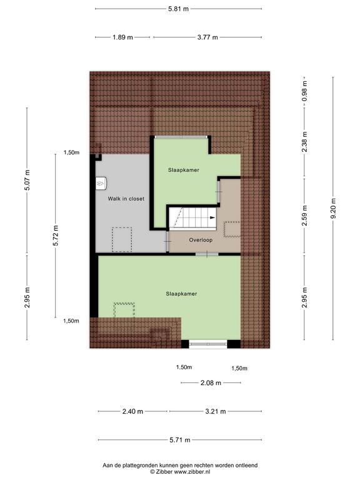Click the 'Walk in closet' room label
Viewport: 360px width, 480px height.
(x=126, y=199)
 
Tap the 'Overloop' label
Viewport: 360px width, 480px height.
(x=201, y=240)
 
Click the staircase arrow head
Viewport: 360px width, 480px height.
(x=212, y=217)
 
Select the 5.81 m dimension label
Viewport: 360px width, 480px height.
(x=178, y=9)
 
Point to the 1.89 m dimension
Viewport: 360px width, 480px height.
(x=122, y=37)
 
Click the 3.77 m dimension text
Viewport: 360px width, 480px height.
(x=207, y=37)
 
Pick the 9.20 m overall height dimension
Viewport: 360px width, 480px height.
(x=333, y=208)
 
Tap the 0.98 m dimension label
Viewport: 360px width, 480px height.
(x=304, y=91)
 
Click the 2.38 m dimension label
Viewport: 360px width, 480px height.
(x=304, y=142)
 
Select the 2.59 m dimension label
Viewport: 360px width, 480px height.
(x=304, y=216)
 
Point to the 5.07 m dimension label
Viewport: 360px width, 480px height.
(x=27, y=180)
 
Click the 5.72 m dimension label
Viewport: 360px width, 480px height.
(x=56, y=236)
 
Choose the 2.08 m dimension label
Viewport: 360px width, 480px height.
(x=211, y=383)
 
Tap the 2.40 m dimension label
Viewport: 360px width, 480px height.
(x=132, y=411)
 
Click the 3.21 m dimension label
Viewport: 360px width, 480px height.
(x=216, y=411)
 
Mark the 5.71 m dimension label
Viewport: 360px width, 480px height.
(x=180, y=440)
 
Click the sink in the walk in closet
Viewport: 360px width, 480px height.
(x=101, y=183)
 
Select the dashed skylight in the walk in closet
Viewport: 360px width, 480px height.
(x=122, y=240)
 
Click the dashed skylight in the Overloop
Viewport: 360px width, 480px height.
(x=232, y=229)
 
